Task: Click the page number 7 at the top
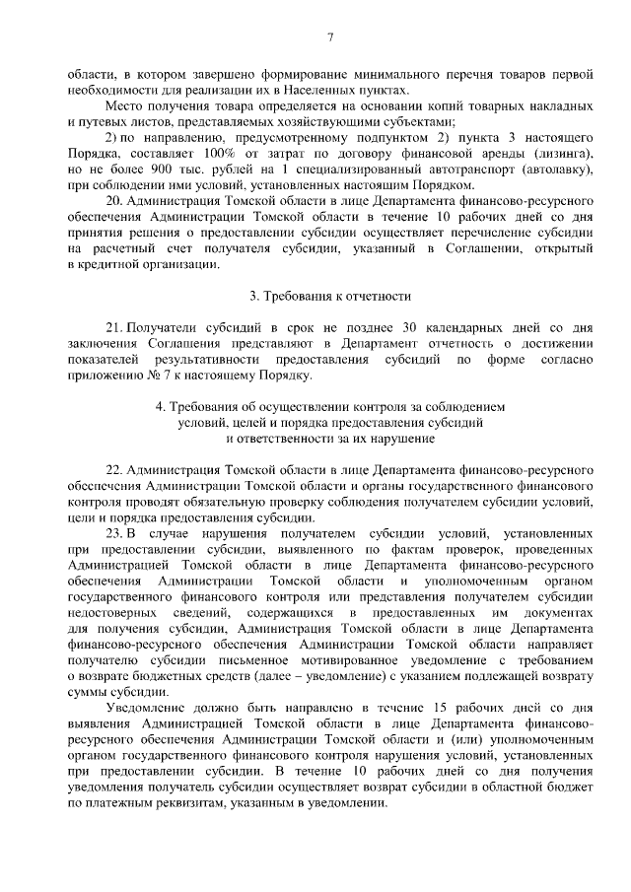330,36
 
